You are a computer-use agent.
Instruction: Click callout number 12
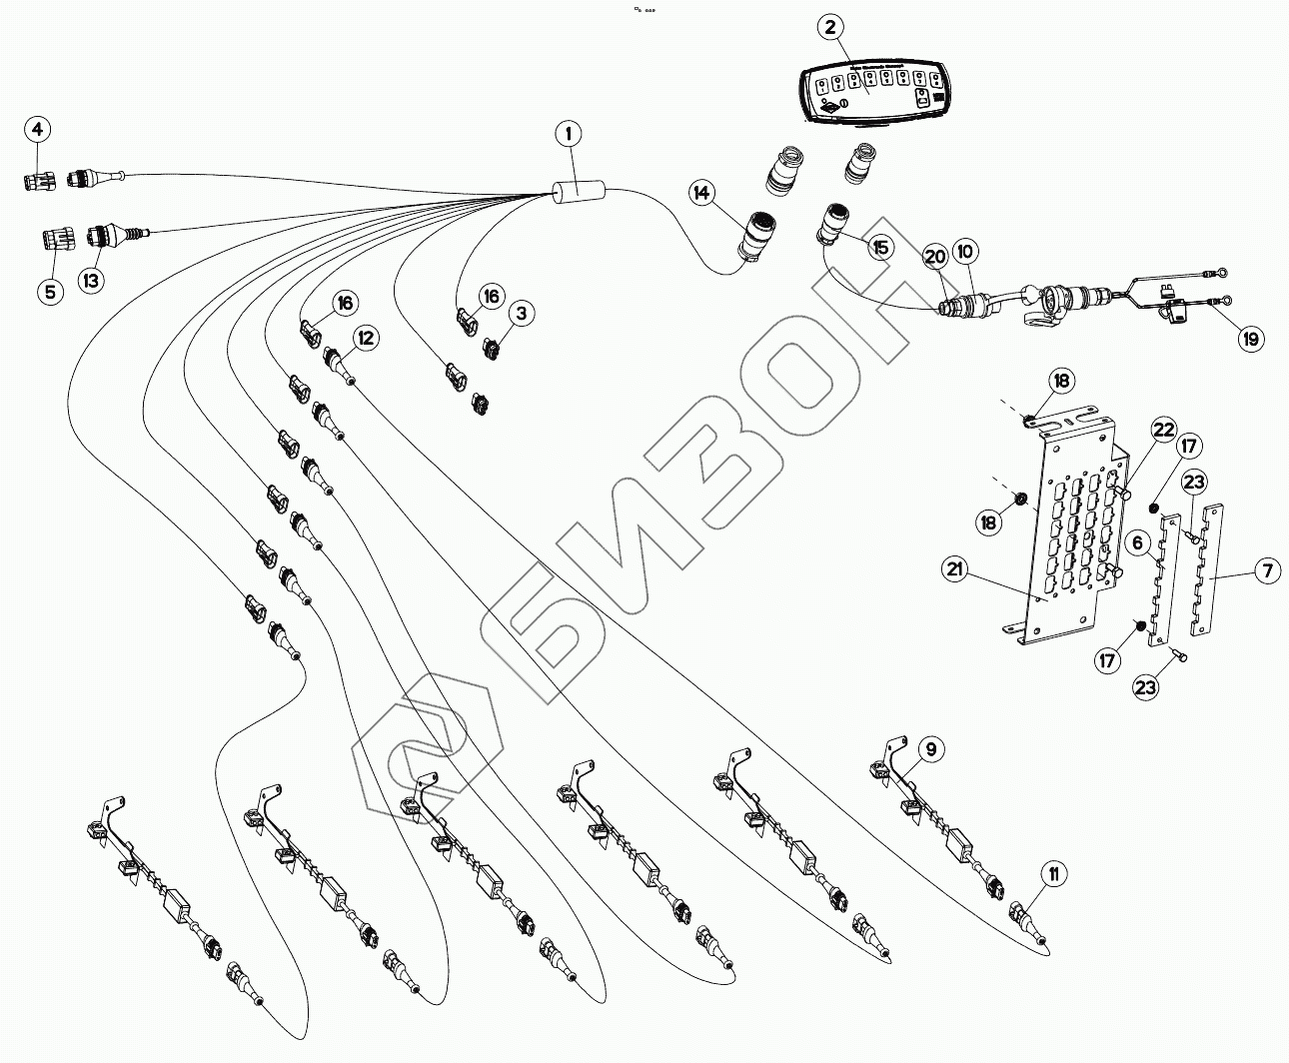pos(366,339)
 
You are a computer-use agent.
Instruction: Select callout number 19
pos(1250,339)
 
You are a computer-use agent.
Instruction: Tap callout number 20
pos(934,256)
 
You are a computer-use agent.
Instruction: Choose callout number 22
pos(1163,430)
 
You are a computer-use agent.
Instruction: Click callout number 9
pos(930,747)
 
